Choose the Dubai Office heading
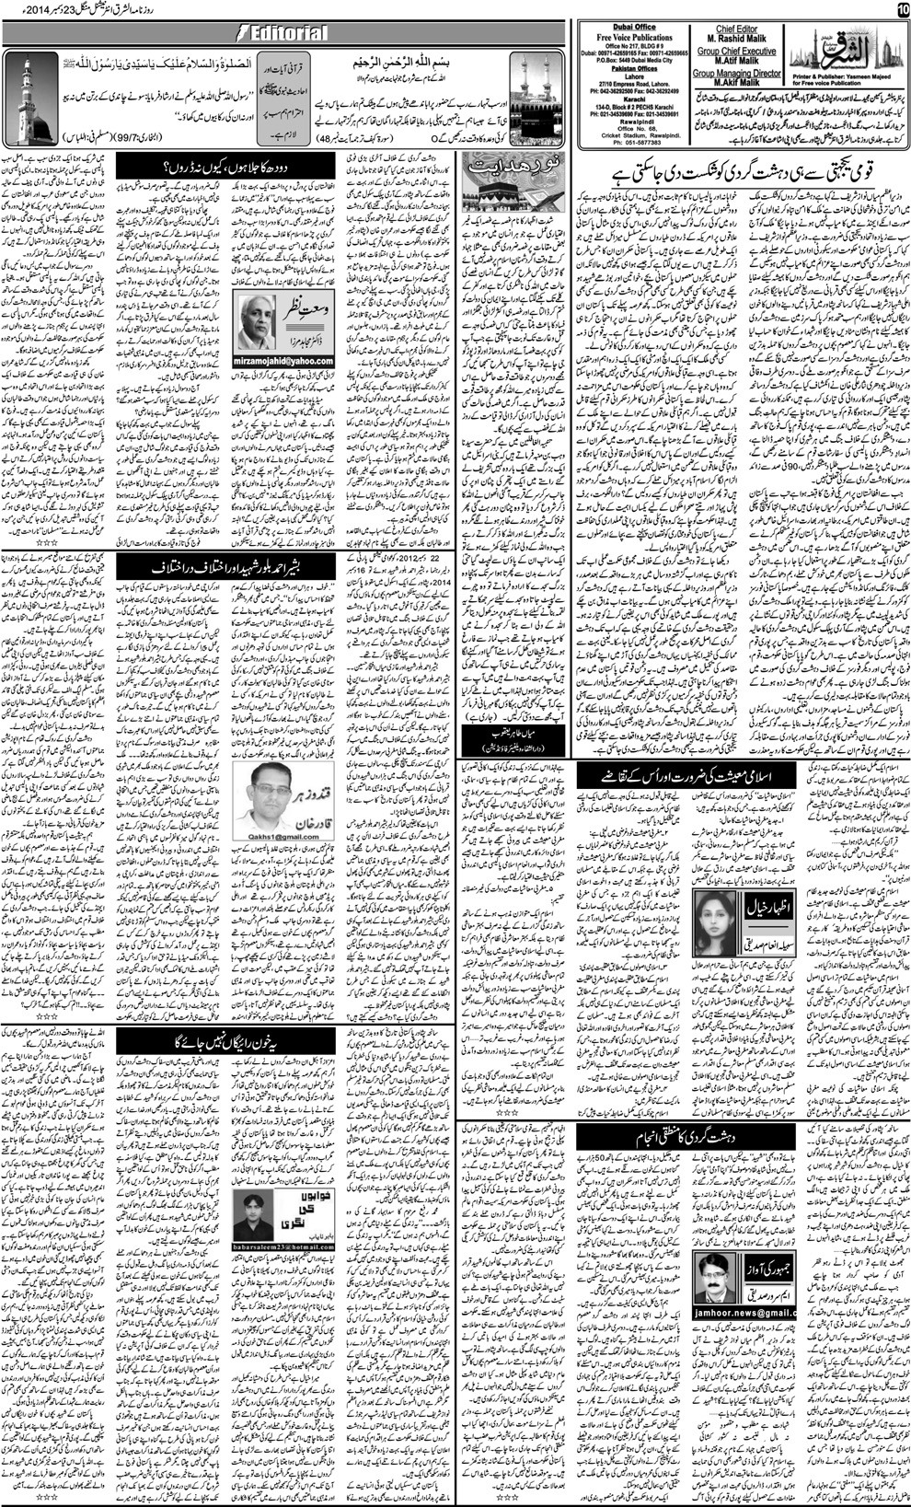[626, 25]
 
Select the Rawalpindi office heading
[627, 125]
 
